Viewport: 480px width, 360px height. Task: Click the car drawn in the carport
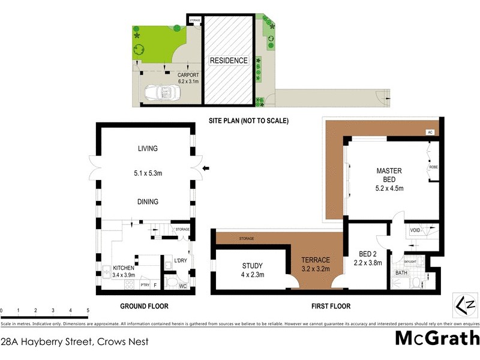click(x=159, y=92)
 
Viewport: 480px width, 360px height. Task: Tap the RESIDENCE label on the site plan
click(x=228, y=61)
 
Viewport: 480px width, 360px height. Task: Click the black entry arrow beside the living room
click(x=206, y=169)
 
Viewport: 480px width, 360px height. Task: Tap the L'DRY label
click(x=181, y=261)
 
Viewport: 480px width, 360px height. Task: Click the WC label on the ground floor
click(x=184, y=286)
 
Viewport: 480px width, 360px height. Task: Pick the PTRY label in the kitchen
click(x=145, y=286)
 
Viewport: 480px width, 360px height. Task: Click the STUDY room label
click(x=253, y=267)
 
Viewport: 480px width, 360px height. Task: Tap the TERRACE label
click(x=316, y=260)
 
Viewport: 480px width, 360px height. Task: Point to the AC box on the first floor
click(x=430, y=132)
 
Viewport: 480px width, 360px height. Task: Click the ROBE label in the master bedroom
click(x=433, y=167)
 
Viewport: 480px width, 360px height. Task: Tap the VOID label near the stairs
click(x=415, y=230)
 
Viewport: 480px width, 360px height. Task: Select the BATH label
click(x=401, y=272)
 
